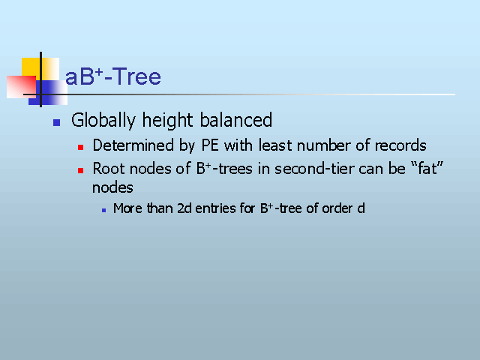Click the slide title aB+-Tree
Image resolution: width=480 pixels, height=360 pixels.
[113, 76]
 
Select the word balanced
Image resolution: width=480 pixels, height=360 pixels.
[235, 119]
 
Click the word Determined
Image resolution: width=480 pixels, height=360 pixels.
[133, 145]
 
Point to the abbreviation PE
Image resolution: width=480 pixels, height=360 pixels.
[210, 145]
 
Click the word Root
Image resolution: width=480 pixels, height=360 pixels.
[108, 168]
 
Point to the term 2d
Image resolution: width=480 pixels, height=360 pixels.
[184, 208]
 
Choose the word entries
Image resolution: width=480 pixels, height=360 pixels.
[215, 208]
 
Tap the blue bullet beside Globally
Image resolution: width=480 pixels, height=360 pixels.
[57, 122]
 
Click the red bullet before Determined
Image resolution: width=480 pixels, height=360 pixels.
[80, 148]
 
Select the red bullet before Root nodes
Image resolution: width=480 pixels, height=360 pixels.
[80, 170]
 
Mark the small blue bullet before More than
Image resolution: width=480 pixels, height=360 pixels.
[103, 210]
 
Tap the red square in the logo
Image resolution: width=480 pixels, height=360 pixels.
[21, 87]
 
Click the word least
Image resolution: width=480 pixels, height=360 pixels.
[276, 145]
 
